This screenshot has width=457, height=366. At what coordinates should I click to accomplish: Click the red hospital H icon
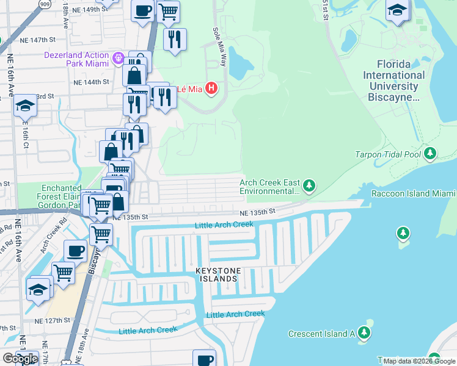tap(211, 88)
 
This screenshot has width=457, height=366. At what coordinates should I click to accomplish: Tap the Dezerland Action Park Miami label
tap(76, 60)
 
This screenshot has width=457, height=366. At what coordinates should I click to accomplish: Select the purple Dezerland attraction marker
tap(119, 60)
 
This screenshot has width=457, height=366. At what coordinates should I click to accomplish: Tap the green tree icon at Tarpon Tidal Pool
tap(431, 154)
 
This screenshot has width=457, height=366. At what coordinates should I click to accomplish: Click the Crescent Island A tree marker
tap(364, 333)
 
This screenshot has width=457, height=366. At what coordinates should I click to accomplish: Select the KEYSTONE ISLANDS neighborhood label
tap(216, 274)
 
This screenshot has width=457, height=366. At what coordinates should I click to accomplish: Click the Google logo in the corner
tap(20, 359)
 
